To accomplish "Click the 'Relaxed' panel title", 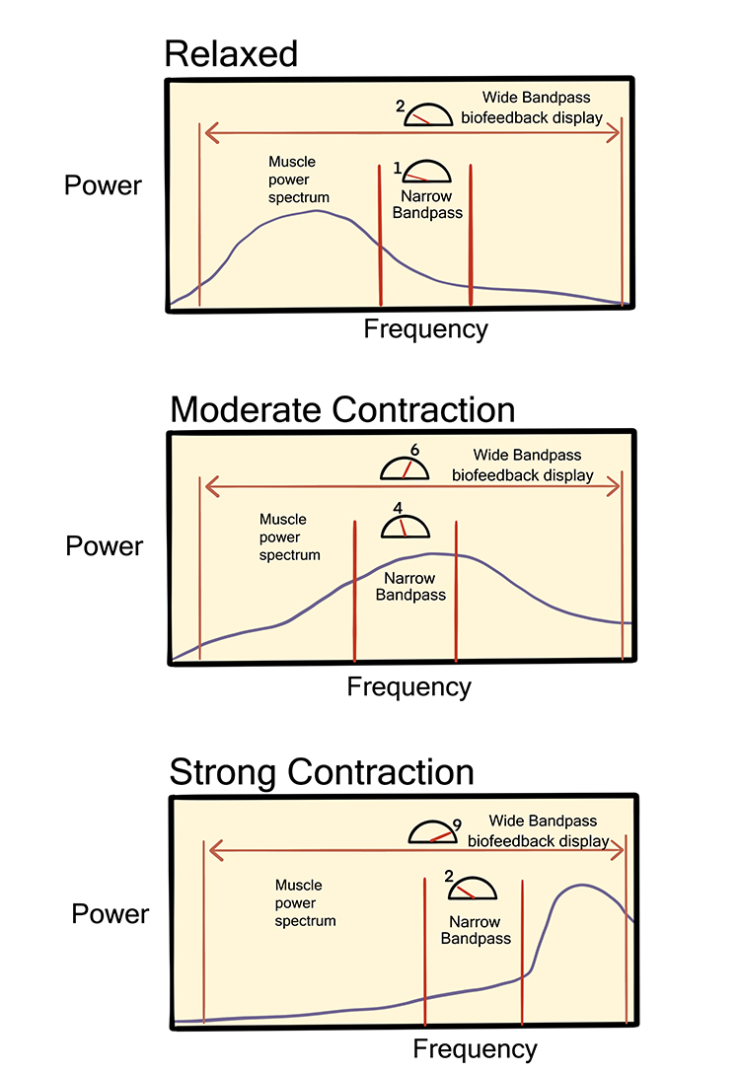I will (x=231, y=53).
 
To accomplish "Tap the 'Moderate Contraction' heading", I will (x=342, y=409).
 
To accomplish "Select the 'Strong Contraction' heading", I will (x=322, y=771).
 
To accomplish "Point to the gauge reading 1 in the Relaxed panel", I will (x=426, y=173).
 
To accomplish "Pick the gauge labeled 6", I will (x=406, y=467).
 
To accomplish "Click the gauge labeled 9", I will (x=434, y=833).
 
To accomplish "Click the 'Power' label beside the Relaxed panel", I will (x=103, y=185).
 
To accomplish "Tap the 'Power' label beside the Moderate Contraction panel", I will (x=105, y=545).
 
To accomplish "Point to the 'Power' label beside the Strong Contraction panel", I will (x=111, y=913).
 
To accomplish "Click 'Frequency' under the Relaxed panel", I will (x=426, y=328).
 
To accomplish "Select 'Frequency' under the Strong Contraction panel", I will (x=476, y=1047).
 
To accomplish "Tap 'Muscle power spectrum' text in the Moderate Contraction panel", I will (x=289, y=536).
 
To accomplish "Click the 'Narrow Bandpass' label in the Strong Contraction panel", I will (x=476, y=930).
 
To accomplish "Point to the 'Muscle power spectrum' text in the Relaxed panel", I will (x=298, y=179).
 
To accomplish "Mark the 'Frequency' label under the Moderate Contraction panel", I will (x=409, y=686).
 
